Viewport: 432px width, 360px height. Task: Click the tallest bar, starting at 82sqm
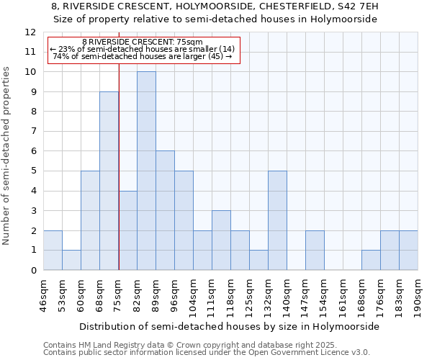point(146,171)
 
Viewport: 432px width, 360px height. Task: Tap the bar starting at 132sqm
point(277,220)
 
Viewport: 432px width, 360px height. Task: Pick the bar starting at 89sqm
point(165,210)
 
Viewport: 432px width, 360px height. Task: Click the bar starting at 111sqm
point(221,240)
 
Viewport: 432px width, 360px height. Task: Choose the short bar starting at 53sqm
point(71,260)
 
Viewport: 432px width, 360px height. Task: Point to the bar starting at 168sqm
point(371,260)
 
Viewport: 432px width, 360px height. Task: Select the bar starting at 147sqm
point(315,250)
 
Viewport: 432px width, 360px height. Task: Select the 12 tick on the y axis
point(30,32)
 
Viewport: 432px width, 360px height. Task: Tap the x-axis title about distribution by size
point(229,326)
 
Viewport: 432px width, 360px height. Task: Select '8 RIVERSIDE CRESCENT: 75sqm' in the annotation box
point(143,42)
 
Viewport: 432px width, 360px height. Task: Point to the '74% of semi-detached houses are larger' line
point(143,56)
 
